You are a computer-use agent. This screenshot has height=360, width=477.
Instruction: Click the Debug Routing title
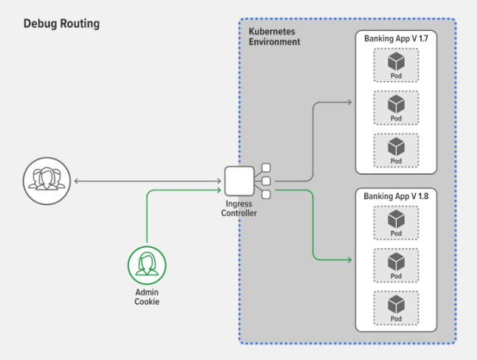[x=61, y=24]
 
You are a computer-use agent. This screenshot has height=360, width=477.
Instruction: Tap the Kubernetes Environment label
[x=274, y=37]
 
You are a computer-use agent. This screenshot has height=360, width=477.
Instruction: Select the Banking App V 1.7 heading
[x=396, y=38]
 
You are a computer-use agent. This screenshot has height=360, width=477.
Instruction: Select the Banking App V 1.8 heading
[x=396, y=196]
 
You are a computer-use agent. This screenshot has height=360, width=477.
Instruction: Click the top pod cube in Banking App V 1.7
[x=396, y=61]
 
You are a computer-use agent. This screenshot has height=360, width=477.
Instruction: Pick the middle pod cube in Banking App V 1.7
[x=396, y=104]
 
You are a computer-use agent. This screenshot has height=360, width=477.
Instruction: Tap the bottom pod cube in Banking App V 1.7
[x=396, y=147]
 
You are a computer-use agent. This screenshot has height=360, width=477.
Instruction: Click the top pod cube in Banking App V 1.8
[x=396, y=219]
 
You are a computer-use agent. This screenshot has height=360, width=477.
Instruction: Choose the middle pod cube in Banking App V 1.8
[x=396, y=262]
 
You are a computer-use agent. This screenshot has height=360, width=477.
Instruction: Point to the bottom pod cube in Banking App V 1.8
[x=396, y=305]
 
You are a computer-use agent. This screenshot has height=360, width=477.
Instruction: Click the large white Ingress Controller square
[x=240, y=181]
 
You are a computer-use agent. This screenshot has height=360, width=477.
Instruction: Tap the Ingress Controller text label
[x=239, y=209]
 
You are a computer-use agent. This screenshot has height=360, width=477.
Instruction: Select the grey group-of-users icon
[x=47, y=181]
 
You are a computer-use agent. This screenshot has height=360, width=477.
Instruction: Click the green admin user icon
[x=147, y=266]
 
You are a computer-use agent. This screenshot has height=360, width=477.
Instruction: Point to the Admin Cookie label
[x=147, y=297]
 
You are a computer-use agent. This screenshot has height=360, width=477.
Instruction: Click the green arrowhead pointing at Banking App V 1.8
[x=350, y=260]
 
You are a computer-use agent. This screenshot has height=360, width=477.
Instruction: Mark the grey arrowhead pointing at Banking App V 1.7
[x=350, y=103]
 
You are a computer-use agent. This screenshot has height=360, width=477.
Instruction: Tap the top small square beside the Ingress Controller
[x=266, y=167]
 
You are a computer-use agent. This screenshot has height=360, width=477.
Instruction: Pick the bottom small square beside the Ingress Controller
[x=266, y=195]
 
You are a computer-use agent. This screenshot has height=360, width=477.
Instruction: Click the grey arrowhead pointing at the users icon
[x=77, y=181]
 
